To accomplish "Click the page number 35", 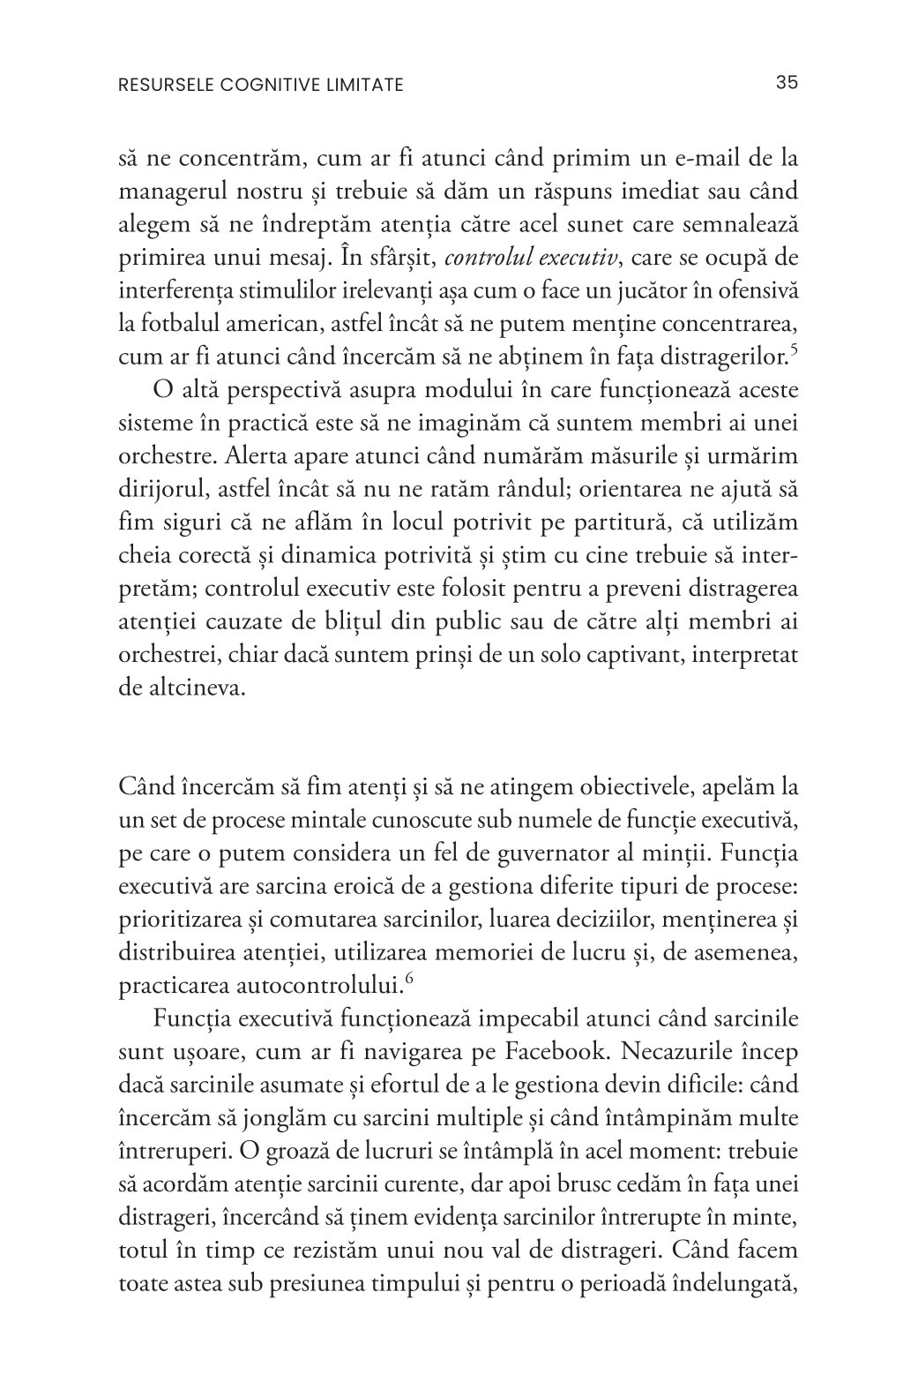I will (x=787, y=83).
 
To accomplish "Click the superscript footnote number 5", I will (x=794, y=351).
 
